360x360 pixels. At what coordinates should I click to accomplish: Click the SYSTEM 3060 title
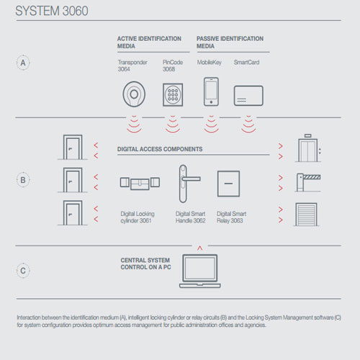click(x=52, y=11)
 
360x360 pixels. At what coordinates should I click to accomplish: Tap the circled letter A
click(x=23, y=63)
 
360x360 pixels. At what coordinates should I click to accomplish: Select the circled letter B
click(x=23, y=180)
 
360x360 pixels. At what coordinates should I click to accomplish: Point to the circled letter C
click(x=23, y=271)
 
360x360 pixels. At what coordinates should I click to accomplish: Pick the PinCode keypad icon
click(x=173, y=94)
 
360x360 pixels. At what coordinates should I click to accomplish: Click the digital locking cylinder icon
click(x=140, y=184)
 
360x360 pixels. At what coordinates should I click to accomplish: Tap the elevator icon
click(x=308, y=149)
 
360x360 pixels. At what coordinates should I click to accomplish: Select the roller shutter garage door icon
click(x=306, y=215)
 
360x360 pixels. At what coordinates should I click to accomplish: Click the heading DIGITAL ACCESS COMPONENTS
click(x=160, y=149)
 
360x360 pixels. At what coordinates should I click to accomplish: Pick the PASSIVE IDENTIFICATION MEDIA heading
click(x=230, y=42)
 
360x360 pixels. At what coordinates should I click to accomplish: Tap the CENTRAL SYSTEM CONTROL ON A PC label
click(x=146, y=264)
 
